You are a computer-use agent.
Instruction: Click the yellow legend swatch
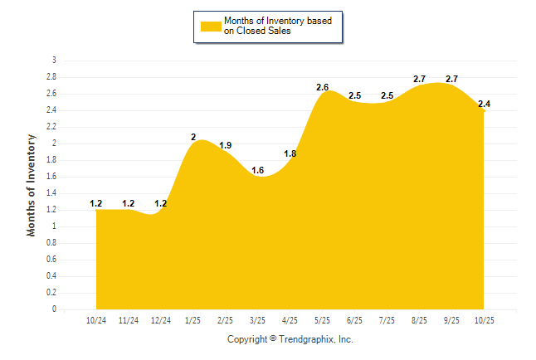tap(211, 26)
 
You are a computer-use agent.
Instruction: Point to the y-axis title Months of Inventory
tap(32, 185)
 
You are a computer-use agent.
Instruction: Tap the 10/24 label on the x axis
tap(96, 320)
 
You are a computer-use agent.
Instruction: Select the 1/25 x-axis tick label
tap(192, 320)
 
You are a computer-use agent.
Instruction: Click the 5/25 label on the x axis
tap(322, 320)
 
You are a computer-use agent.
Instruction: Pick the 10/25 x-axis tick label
tap(484, 320)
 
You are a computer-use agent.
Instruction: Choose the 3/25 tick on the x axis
tap(257, 320)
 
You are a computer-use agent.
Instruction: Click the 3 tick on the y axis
tap(54, 61)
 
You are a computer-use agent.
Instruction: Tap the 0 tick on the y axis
tap(54, 309)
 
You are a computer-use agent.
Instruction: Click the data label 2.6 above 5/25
tap(322, 87)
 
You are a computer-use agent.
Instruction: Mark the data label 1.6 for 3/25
tap(257, 170)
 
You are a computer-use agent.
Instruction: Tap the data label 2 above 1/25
tap(193, 137)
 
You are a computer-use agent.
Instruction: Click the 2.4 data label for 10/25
tap(484, 104)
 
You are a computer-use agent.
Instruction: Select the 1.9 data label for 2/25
tap(225, 145)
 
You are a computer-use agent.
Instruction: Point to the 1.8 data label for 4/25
tap(290, 153)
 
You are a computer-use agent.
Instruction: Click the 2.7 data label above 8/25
tap(419, 79)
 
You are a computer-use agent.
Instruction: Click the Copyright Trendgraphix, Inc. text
tap(290, 339)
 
